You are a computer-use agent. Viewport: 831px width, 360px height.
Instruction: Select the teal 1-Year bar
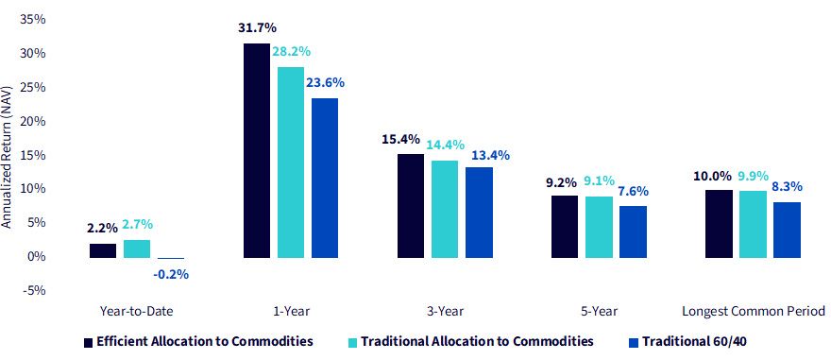tap(291, 163)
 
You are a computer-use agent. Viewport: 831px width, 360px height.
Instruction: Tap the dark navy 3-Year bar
tap(411, 206)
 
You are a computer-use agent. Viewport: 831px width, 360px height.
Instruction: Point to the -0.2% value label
tap(170, 275)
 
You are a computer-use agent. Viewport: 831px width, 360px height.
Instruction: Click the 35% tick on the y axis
tap(33, 20)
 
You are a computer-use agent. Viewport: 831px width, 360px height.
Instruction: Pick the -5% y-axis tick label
tap(34, 290)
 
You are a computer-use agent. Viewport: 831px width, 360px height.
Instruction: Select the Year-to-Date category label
tap(136, 312)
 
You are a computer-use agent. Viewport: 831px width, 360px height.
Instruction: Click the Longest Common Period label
tap(754, 312)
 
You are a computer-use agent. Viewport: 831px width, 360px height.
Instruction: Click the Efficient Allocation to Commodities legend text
tap(205, 341)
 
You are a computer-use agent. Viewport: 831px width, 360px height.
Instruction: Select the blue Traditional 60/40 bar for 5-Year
tap(633, 231)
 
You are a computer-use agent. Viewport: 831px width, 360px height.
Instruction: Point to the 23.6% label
tap(326, 83)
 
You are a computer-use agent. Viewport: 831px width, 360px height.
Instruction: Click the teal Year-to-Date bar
tap(137, 249)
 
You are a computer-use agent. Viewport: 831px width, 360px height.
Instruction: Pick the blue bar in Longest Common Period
tap(787, 230)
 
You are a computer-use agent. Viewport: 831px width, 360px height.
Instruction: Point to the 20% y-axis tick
tap(33, 121)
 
